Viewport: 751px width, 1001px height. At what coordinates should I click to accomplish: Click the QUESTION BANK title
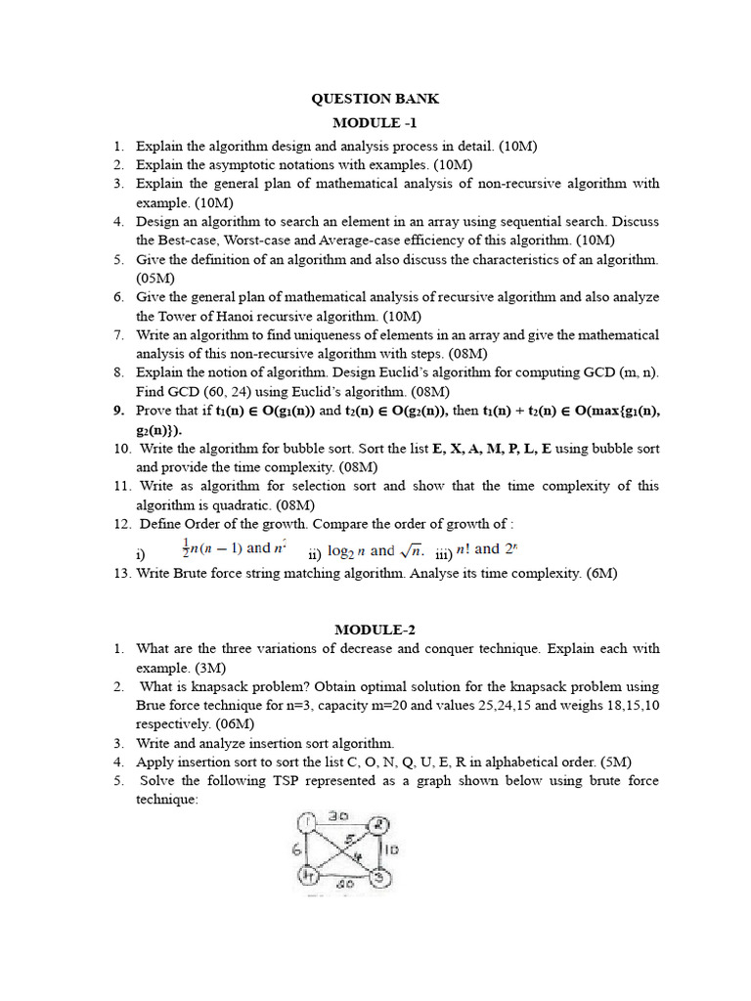click(375, 99)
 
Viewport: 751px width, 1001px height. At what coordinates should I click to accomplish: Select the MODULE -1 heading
click(375, 122)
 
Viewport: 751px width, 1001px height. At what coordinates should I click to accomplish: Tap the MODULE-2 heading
click(375, 629)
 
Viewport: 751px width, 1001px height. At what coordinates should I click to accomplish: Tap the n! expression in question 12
click(465, 549)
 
